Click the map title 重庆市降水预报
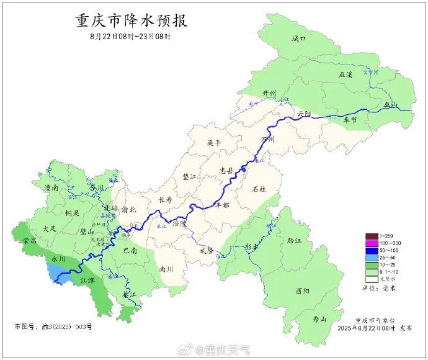coord(131,20)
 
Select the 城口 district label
coord(299,38)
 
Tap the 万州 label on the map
coord(267,140)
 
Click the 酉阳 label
coord(302,290)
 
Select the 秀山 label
coord(319,319)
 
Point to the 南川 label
coord(166,269)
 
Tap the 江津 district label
coord(87,281)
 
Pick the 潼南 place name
coord(51,187)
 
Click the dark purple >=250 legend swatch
coord(372,235)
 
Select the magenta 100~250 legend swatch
coord(372,242)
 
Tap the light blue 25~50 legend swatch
coord(372,257)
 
